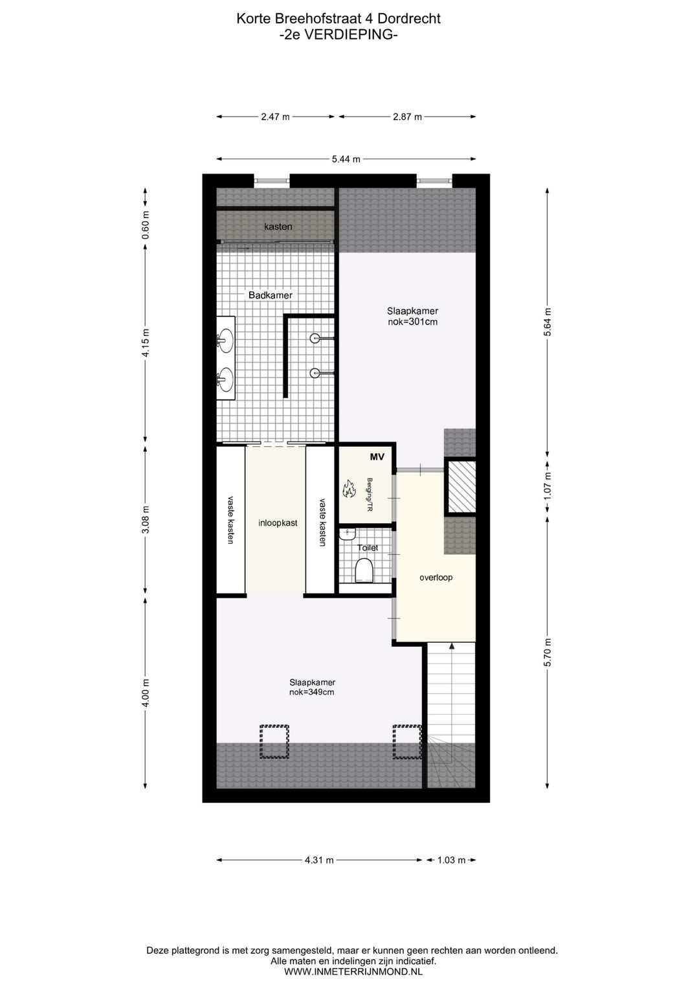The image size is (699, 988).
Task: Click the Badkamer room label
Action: pos(271,295)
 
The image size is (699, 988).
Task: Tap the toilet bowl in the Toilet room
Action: pos(364,570)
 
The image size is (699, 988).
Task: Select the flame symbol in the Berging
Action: pos(349,488)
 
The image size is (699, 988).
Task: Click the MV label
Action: pos(377,457)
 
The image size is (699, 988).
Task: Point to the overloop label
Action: pos(436,577)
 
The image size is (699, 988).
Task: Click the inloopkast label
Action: pos(278,522)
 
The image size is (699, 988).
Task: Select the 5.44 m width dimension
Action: pos(346,159)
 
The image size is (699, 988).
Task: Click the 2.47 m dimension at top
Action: pos(275,117)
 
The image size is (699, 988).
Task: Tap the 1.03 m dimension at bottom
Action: pos(451,860)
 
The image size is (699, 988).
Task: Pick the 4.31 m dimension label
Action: pos(319,860)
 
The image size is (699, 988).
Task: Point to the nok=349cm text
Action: pos(312,692)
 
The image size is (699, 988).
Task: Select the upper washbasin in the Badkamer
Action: pos(225,337)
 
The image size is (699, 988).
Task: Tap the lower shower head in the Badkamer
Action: pos(315,372)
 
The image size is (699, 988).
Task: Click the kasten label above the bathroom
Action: pos(278,227)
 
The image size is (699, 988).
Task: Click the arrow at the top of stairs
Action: pos(451,647)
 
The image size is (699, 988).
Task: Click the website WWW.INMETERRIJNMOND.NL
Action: pos(354,971)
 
